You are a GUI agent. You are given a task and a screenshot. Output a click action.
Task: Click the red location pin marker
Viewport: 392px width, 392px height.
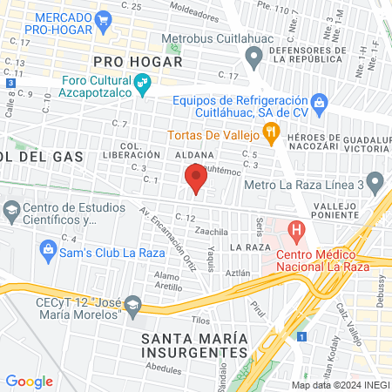point(196,179)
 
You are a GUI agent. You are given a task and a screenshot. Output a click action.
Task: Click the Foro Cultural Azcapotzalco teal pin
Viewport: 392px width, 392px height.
point(144,85)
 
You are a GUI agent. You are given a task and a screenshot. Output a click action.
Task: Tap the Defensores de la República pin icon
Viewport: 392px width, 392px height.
point(253,59)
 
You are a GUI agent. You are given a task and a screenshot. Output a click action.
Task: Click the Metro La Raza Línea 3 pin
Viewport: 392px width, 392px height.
point(375,184)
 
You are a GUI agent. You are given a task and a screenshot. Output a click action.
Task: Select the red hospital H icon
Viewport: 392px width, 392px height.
point(297,233)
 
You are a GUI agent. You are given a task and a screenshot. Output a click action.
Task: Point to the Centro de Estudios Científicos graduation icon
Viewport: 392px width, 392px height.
point(10,210)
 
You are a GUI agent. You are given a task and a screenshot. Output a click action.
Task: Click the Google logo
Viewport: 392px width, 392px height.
point(29,381)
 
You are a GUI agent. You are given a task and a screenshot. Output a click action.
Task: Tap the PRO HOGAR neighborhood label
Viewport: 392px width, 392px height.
point(137,62)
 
